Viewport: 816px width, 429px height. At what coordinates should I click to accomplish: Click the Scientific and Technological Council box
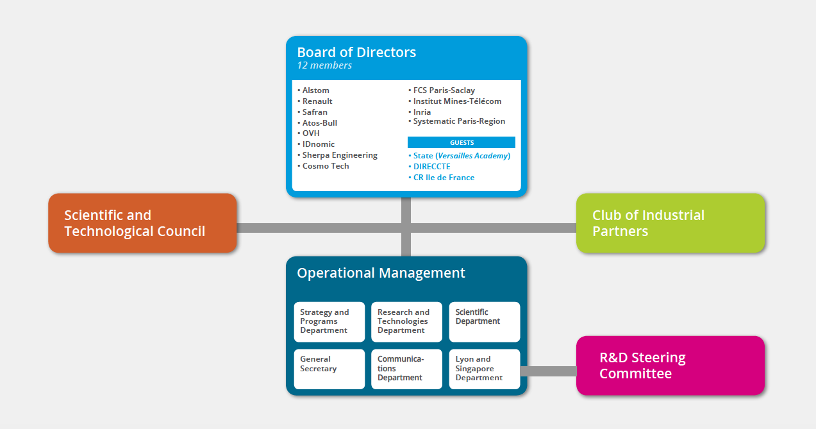pos(142,223)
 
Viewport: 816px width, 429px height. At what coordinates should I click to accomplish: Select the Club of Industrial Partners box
pos(670,223)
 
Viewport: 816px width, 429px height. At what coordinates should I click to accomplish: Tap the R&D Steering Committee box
pos(670,366)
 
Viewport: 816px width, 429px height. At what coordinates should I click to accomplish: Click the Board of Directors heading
pos(356,53)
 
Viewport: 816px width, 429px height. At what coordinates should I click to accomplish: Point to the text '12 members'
pos(324,65)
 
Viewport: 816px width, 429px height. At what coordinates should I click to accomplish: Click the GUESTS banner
pos(461,142)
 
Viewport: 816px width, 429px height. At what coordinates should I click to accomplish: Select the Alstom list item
pos(313,90)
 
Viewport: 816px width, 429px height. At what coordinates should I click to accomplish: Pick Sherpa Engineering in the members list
pos(337,155)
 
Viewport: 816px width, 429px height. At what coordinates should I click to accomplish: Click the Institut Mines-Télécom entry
pos(455,101)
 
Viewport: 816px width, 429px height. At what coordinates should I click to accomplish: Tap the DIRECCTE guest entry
pos(429,167)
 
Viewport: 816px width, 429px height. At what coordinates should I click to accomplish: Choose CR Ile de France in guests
pos(442,178)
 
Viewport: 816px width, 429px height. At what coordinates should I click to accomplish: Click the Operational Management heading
pos(381,273)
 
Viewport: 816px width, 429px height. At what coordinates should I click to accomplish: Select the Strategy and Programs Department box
pos(329,322)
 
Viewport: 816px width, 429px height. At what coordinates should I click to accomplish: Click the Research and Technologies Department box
pos(406,322)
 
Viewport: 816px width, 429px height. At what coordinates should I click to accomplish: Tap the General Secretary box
pos(329,369)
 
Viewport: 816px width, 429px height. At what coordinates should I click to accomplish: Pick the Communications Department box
pos(406,369)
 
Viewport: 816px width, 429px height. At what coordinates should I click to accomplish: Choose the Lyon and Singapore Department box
pos(485,369)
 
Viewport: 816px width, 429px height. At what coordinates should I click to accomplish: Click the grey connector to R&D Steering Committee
pos(548,371)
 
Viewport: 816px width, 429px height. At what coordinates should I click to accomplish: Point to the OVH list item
pos(308,133)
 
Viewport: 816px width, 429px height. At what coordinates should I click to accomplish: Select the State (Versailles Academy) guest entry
pos(460,156)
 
